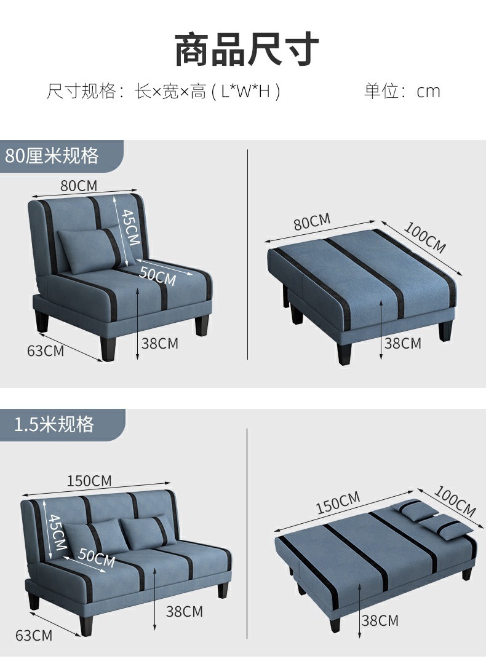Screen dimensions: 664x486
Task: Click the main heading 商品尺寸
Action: [x=247, y=50]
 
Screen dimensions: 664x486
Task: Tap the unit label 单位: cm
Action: [x=402, y=92]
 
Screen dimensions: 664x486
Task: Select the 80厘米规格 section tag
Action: [x=52, y=156]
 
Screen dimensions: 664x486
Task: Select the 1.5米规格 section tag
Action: [x=54, y=424]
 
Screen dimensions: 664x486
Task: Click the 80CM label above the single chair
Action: [x=78, y=185]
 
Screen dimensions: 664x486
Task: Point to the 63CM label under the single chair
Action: [x=46, y=351]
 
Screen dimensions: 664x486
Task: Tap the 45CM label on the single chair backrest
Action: [x=129, y=228]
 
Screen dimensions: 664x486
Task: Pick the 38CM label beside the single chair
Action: [x=159, y=343]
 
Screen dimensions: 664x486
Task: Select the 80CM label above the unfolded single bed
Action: [x=312, y=221]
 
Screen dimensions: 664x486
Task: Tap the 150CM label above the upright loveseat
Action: [x=89, y=480]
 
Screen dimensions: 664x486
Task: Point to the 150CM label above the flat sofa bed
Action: [x=338, y=503]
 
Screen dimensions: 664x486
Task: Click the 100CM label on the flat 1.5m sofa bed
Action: [x=455, y=501]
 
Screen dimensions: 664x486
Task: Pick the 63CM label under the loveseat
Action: [x=34, y=634]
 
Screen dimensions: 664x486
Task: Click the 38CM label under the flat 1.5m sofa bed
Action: [x=380, y=620]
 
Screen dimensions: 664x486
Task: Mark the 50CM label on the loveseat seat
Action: [x=97, y=558]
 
